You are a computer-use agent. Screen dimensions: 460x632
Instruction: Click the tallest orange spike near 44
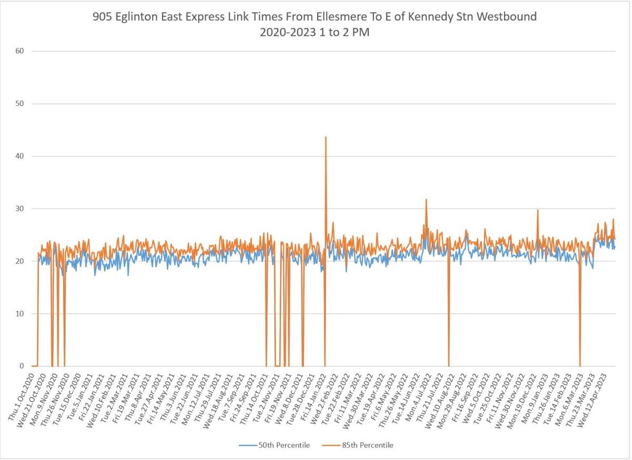point(325,137)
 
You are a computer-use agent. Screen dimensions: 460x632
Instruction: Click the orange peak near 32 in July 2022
point(426,199)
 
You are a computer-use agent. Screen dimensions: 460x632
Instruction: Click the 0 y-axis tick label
point(22,366)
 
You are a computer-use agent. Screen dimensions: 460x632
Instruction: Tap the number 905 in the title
point(103,17)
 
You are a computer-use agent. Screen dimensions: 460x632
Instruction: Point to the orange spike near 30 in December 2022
point(538,210)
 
